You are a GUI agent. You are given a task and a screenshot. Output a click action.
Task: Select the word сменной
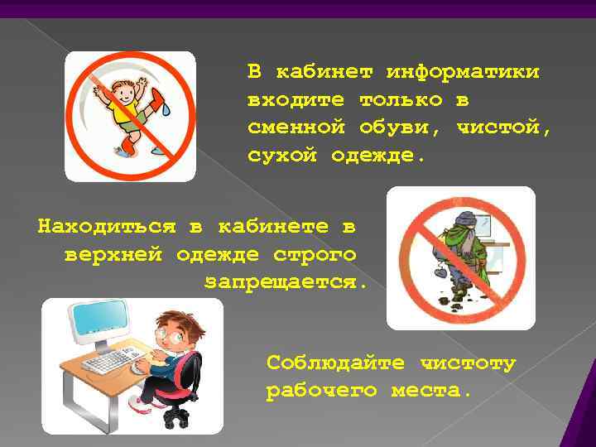click(295, 127)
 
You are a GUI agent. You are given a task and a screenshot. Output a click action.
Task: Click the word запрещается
click(285, 281)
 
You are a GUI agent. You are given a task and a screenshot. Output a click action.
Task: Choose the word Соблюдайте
click(336, 363)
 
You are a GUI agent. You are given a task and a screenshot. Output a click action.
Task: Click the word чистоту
click(468, 363)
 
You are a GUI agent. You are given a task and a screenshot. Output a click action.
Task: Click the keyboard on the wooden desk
click(113, 362)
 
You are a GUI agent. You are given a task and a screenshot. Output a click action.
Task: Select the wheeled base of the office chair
click(177, 414)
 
